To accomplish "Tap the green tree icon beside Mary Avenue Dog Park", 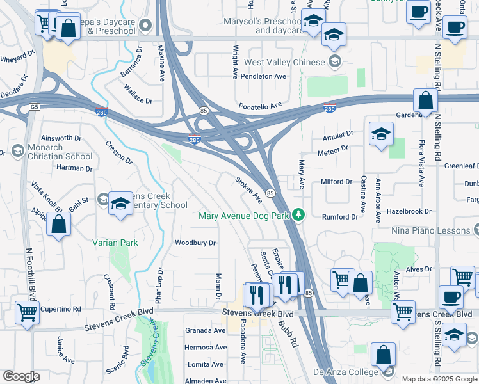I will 298,215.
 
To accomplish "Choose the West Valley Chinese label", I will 284,62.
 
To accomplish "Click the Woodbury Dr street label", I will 195,243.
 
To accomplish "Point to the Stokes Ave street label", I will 248,189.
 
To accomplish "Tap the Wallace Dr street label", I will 138,96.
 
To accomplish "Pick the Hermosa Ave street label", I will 205,347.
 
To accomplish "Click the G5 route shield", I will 34,107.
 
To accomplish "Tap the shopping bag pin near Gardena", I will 425,100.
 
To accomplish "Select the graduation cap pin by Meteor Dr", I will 381,134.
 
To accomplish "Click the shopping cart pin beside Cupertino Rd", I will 27,314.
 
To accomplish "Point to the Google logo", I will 21,376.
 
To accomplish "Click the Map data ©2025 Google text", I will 439,379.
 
